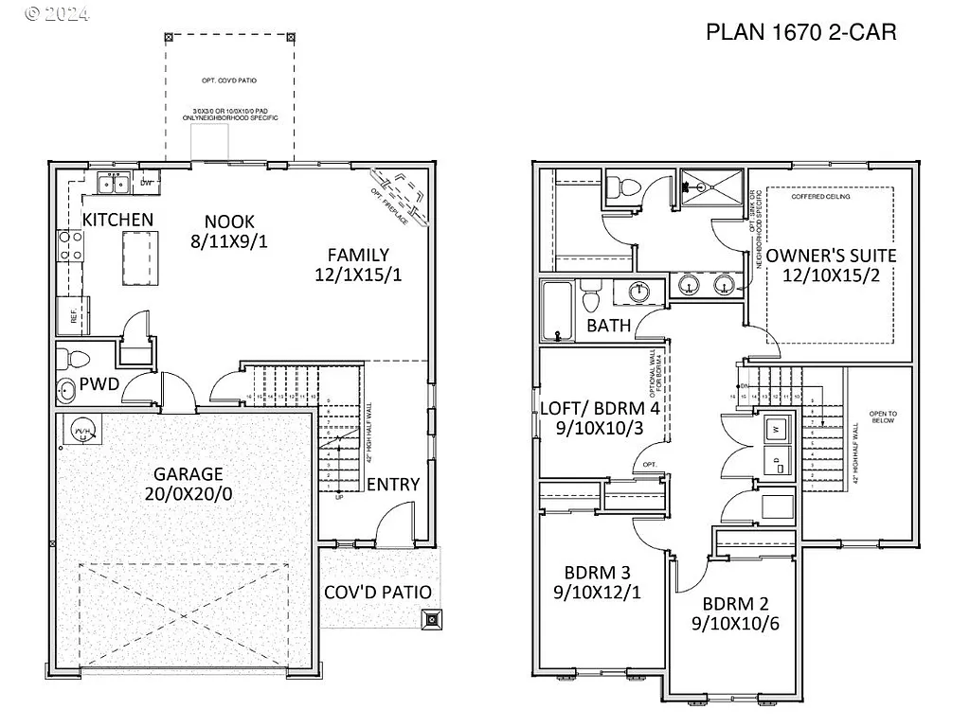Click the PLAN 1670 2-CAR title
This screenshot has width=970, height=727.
click(800, 33)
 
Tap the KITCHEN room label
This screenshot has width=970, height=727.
click(117, 220)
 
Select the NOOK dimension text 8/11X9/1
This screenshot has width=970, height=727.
click(229, 241)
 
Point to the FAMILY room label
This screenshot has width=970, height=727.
click(358, 255)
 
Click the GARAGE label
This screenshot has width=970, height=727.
click(189, 474)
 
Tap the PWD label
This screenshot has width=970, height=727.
click(99, 384)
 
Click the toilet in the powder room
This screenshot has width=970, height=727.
click(73, 359)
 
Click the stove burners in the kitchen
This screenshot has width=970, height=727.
click(70, 245)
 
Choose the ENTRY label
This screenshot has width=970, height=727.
click(393, 485)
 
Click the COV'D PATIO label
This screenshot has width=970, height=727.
click(378, 593)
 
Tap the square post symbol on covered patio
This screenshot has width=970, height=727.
click(431, 620)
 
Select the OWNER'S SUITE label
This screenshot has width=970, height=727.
click(831, 256)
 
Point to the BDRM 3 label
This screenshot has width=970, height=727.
click(598, 573)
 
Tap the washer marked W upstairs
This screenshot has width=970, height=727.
click(777, 429)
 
